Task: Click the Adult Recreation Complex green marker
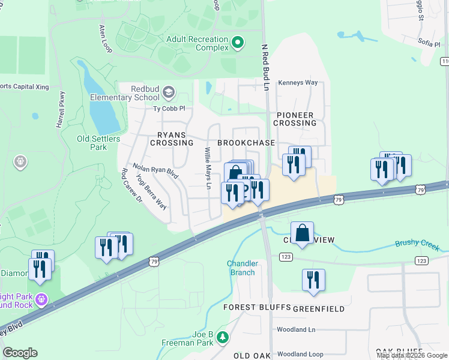238,42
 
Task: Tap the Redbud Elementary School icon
169,92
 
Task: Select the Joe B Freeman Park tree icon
223,338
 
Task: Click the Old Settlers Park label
98,143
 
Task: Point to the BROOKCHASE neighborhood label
246,143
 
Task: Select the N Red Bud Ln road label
264,67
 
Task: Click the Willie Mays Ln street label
208,169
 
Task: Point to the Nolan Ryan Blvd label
155,172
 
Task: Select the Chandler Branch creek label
243,268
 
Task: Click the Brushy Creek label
417,245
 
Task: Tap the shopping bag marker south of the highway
303,233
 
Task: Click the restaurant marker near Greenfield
313,280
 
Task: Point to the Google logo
20,353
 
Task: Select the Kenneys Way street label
297,83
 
